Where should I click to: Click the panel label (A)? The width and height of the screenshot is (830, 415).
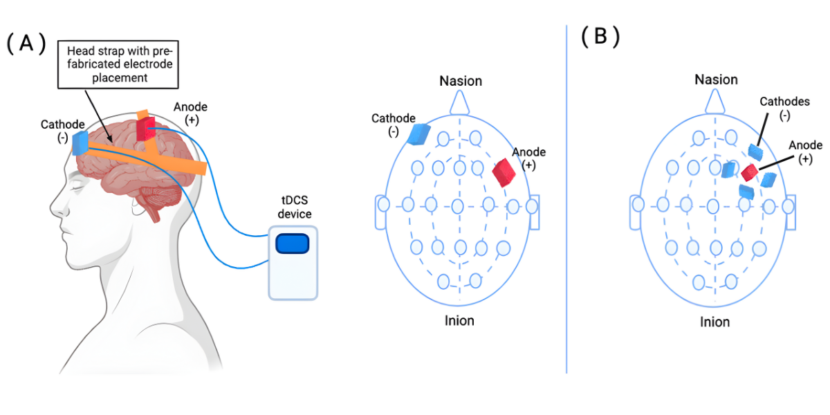point(26,44)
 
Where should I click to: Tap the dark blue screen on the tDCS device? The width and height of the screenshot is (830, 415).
point(293,244)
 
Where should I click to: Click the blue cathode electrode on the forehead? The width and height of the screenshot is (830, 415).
point(80,142)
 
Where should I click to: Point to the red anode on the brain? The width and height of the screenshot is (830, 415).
point(146,129)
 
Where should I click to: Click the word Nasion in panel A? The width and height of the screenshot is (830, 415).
point(461,81)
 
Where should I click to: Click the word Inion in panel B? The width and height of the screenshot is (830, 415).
point(714,322)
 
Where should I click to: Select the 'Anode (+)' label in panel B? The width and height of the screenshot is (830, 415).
point(805,151)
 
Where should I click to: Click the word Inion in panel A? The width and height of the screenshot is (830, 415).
point(459,320)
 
